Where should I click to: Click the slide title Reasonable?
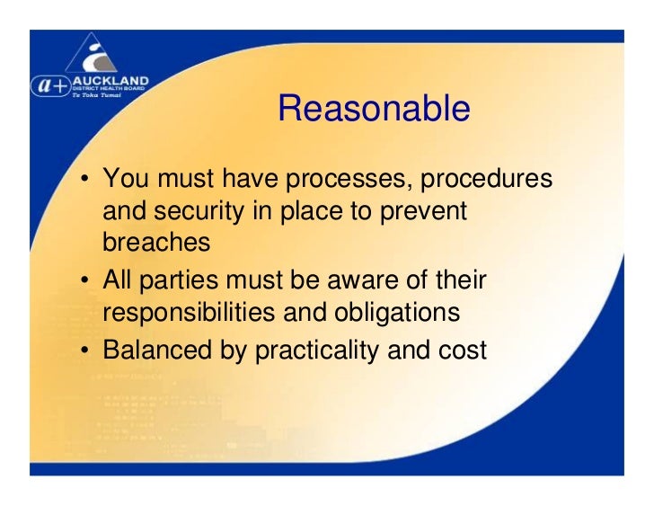[x=374, y=109]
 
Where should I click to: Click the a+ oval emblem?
[x=49, y=85]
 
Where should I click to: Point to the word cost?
[x=461, y=349]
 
